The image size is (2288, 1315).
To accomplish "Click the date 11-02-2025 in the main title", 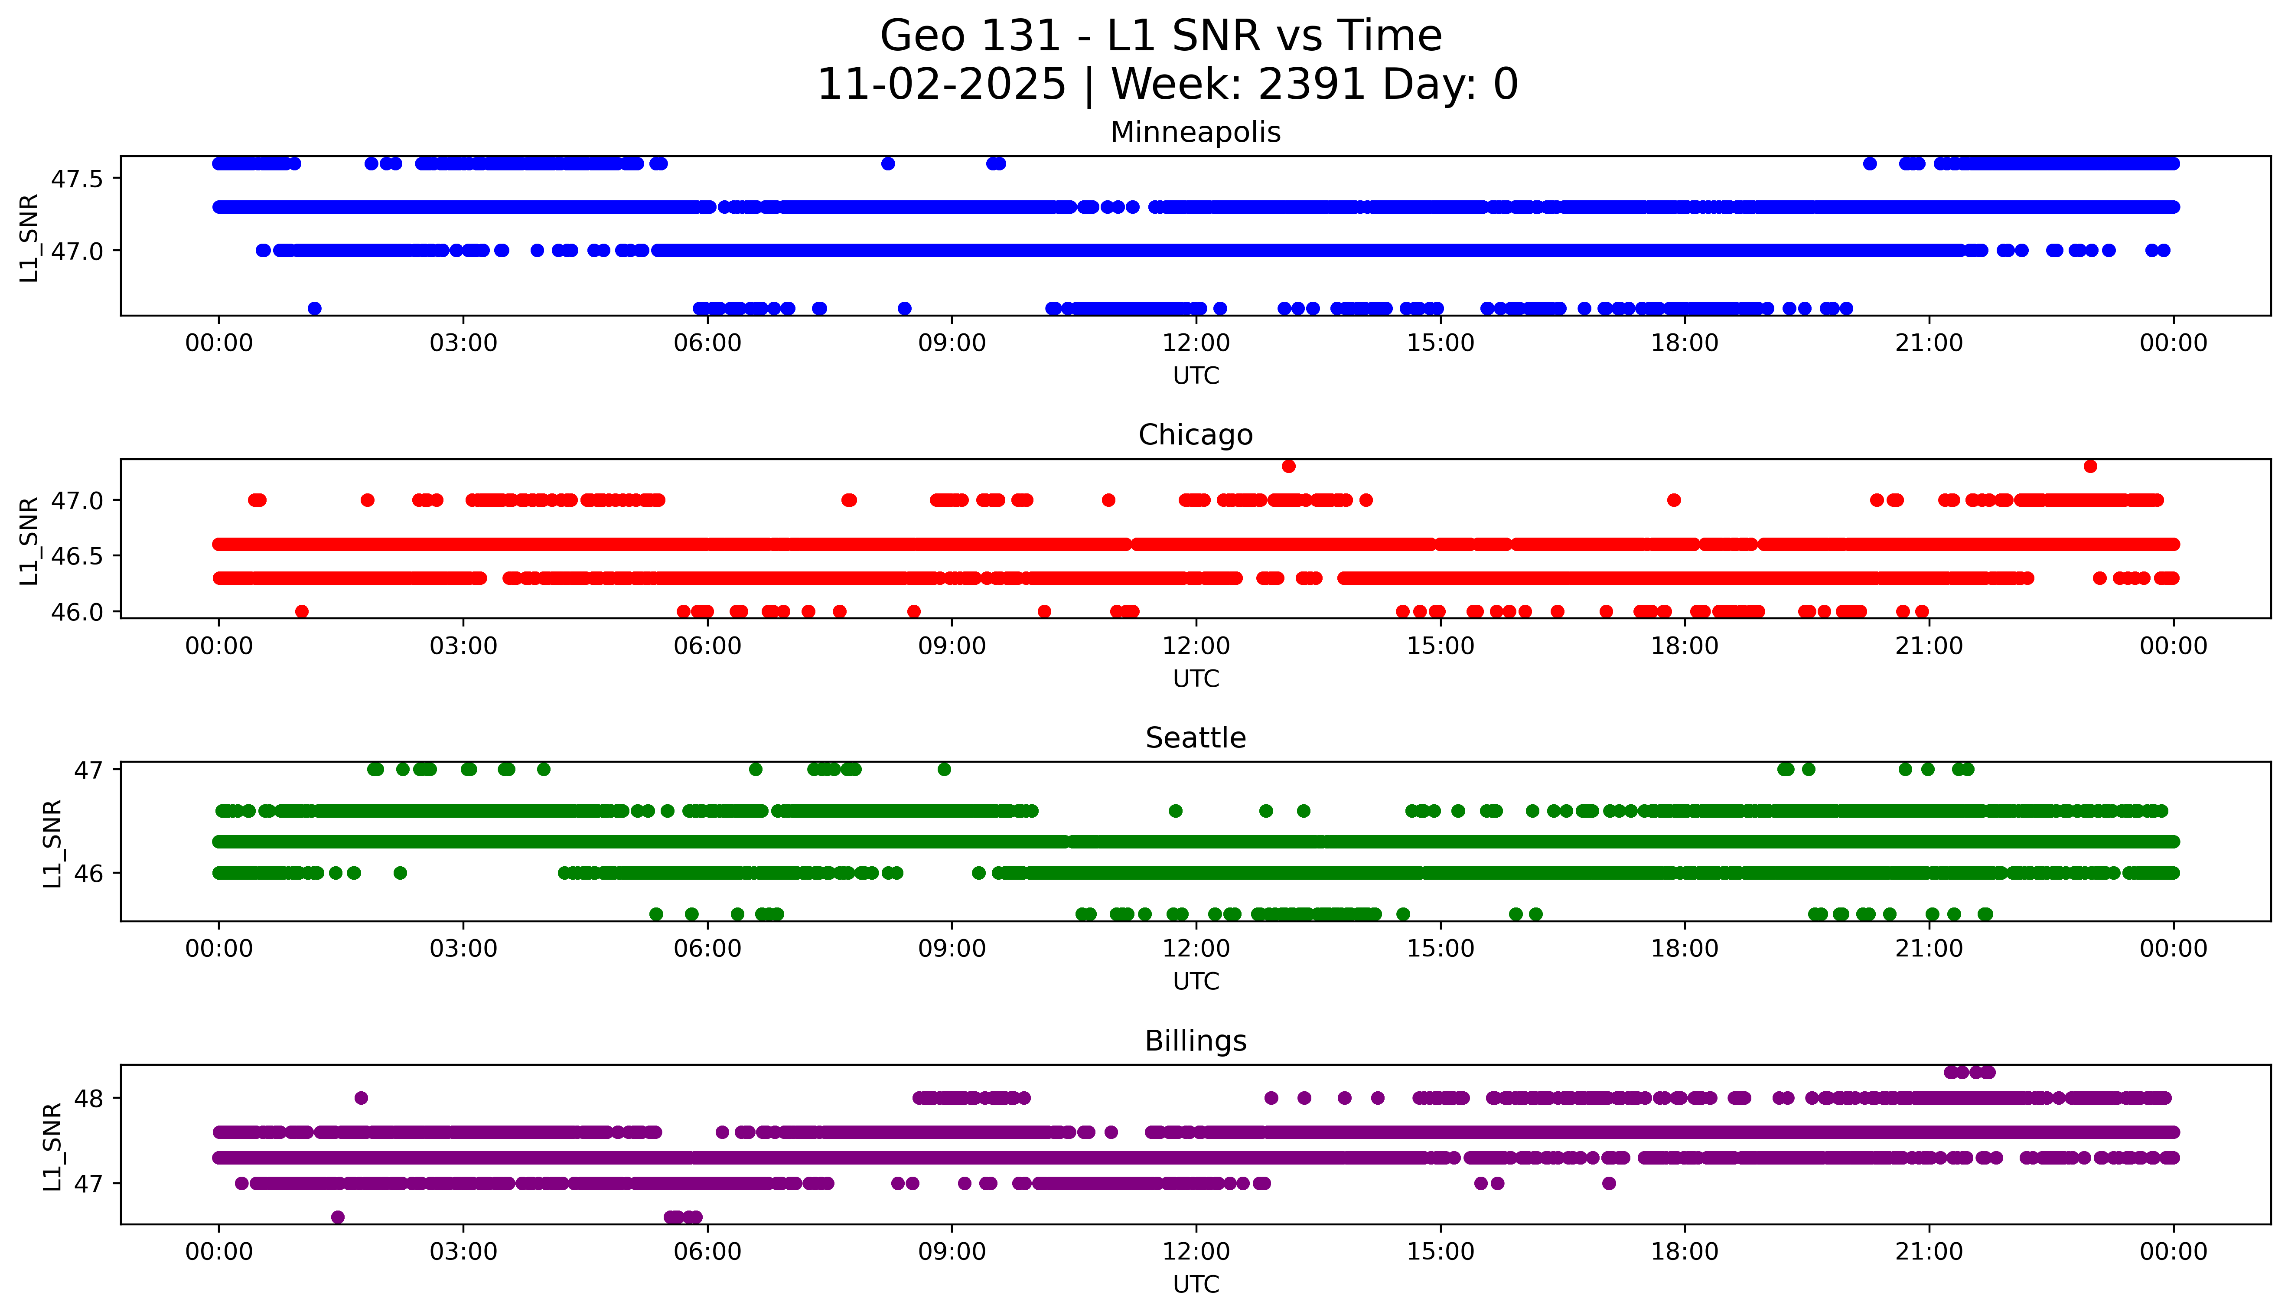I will (x=941, y=85).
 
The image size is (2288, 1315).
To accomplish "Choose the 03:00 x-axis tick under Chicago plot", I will (x=463, y=646).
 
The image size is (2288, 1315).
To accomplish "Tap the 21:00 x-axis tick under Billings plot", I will (x=1929, y=1252).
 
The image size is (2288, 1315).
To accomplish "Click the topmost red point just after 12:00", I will (x=1288, y=466).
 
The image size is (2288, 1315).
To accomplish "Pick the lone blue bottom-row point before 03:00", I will (x=314, y=308).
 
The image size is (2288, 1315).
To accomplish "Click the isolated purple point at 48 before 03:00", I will (x=361, y=1098).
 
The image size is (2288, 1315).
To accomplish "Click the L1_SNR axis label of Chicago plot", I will (x=29, y=540).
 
